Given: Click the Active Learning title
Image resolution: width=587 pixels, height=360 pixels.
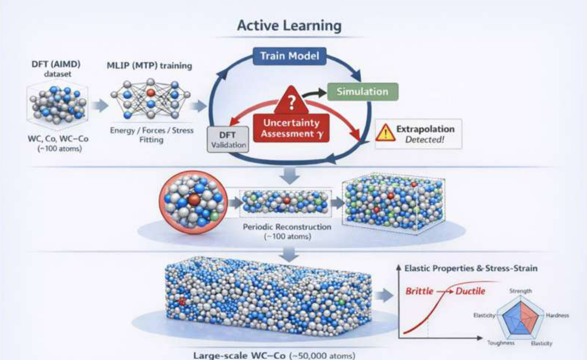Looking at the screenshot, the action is (289, 26).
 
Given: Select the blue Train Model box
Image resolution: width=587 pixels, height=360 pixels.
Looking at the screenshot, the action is (290, 56).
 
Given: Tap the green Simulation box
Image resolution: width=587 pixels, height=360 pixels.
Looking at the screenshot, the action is (363, 92).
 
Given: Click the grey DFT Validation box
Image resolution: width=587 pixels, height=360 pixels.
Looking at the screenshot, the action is (228, 140).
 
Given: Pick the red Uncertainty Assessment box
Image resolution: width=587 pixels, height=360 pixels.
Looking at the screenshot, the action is (291, 128).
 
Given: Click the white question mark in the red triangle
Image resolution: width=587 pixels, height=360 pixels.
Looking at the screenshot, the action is (292, 103).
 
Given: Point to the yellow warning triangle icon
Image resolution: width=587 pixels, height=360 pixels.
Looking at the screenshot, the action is (386, 133).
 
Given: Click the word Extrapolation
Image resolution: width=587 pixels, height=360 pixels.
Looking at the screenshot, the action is (425, 129).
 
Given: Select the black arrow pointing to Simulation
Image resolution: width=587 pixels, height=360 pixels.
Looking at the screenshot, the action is (314, 93).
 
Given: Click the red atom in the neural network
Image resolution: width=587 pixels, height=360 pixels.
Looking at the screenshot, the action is (151, 93).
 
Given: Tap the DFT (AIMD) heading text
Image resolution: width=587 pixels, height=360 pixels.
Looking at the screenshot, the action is (56, 64).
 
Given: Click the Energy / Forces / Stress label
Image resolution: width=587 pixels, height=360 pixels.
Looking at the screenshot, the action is (152, 130).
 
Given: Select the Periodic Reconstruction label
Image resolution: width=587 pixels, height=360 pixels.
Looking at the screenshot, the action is (287, 227).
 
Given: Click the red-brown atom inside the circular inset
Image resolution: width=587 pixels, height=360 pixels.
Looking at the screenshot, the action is (194, 200).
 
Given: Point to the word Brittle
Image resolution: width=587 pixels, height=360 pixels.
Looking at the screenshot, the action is (419, 291).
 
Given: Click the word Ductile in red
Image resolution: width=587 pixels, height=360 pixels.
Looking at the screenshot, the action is (470, 291).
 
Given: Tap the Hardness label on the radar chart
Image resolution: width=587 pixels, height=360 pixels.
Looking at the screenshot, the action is (557, 315).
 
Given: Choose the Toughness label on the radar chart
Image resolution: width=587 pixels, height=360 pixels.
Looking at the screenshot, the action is (501, 343).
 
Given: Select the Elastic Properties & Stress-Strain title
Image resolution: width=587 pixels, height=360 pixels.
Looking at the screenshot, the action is (471, 268).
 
